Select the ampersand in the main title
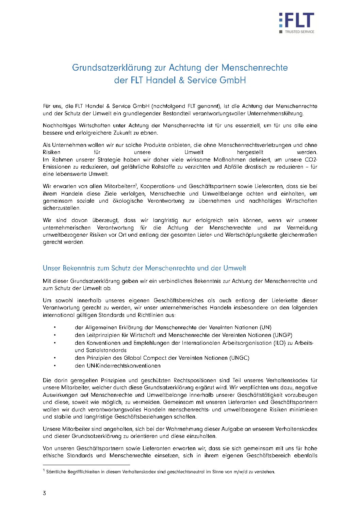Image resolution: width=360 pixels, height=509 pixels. point(182,80)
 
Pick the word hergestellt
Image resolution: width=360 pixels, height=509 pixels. point(250,152)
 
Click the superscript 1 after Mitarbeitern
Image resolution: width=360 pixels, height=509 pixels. point(136,185)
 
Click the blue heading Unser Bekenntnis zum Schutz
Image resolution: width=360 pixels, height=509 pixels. point(144,268)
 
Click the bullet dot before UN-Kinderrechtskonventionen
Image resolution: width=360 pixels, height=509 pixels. point(54,366)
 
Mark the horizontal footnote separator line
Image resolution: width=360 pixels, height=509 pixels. point(86,464)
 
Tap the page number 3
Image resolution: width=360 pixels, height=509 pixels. point(44,493)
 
